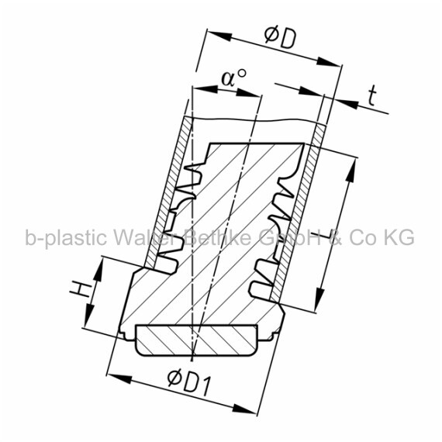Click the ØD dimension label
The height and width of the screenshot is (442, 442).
[x=281, y=38]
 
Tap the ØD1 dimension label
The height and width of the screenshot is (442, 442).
[x=188, y=383]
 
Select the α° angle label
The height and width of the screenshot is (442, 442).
[x=233, y=78]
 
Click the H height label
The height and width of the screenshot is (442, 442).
[x=81, y=288]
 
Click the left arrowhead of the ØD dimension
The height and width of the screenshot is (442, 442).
[x=219, y=35]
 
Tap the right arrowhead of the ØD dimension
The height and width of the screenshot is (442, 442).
[x=329, y=62]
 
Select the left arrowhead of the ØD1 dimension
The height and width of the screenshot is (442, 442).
[x=119, y=378]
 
